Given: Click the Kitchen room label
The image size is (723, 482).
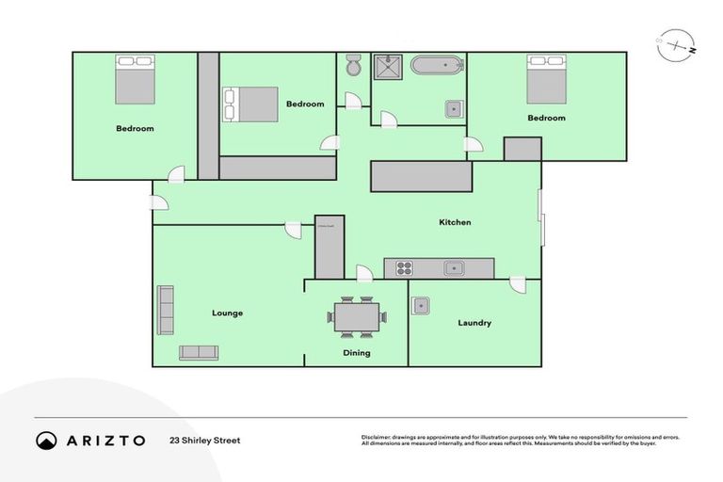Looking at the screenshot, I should (455, 223).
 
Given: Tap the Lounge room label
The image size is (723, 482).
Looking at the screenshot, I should (228, 313).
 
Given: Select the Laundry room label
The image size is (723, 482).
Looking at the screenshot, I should (474, 323).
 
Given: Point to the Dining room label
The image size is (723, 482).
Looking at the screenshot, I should (356, 353).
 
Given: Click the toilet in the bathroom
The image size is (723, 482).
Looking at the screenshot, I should (353, 66).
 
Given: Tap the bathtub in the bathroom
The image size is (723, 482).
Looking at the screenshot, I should (438, 66).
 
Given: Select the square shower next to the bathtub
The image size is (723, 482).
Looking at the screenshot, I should (389, 66).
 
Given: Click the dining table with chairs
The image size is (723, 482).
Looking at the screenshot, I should (356, 316).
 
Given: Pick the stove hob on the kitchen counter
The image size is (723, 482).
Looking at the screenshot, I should (405, 268).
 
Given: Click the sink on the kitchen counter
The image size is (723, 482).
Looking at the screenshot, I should (455, 268).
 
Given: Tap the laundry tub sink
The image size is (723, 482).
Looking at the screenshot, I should (421, 305).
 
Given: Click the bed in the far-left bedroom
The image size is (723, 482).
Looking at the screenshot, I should (135, 79).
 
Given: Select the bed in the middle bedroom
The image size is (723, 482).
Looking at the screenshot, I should (249, 104).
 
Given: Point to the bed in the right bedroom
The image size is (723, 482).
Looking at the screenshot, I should (546, 79).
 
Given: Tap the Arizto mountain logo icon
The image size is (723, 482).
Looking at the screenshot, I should (47, 440).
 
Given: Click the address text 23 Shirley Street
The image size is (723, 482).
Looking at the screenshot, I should (205, 440).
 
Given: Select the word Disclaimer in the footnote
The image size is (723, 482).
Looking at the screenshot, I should (377, 437).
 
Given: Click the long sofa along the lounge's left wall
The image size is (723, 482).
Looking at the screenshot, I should (166, 310).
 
